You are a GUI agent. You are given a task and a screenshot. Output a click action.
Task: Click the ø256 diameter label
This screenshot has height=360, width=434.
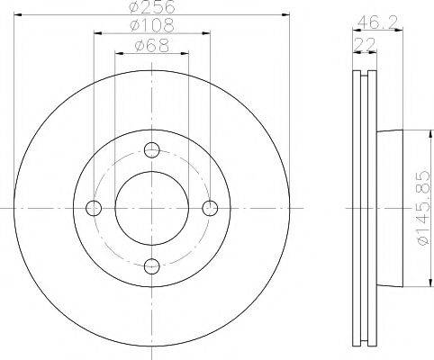click(x=151, y=7)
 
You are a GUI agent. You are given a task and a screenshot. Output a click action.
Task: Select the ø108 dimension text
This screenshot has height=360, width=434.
click(x=151, y=26)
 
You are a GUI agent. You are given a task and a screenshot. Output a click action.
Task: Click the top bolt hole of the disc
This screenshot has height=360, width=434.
click(x=151, y=150)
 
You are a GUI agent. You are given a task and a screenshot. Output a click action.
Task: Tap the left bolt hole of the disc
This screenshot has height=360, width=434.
click(x=94, y=208)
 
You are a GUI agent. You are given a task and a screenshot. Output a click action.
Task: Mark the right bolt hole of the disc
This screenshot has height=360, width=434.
click(x=209, y=208)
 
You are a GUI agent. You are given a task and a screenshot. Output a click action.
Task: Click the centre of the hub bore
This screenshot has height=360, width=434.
click(x=151, y=208)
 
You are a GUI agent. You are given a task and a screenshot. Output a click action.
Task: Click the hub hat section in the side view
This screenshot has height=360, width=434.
click(x=385, y=208)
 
